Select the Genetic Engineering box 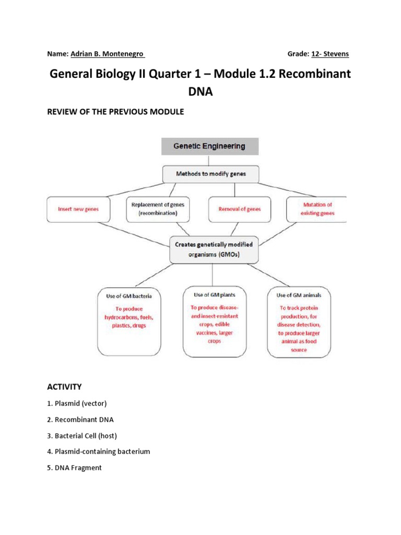tap(210, 146)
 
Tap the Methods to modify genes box tap(210, 174)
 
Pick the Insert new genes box tap(78, 209)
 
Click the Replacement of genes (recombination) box tap(154, 209)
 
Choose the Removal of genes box tap(240, 209)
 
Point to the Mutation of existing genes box tap(317, 209)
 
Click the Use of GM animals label tap(299, 295)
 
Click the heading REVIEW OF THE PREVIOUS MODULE tap(115, 112)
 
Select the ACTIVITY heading tap(64, 387)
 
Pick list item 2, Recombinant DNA tap(80, 420)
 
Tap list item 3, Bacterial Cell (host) tap(82, 436)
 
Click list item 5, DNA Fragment tap(74, 468)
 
